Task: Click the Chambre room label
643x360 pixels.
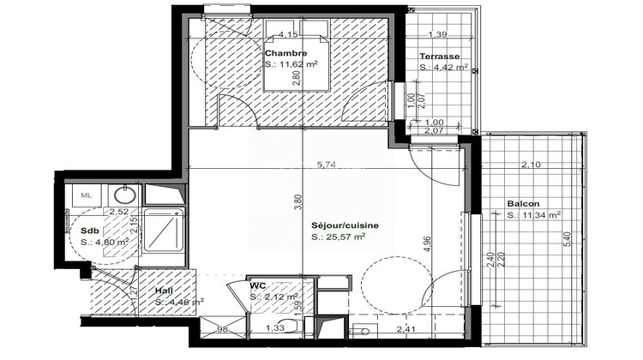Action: tap(285, 53)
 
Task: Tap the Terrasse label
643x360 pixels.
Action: tap(436, 56)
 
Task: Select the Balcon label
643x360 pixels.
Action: tap(523, 204)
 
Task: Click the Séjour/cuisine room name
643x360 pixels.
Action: tap(345, 225)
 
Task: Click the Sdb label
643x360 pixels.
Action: tap(89, 231)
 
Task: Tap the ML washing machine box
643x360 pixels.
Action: tap(87, 195)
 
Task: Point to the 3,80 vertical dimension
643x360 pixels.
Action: tap(297, 202)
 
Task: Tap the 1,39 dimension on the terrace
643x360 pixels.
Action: tap(436, 35)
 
